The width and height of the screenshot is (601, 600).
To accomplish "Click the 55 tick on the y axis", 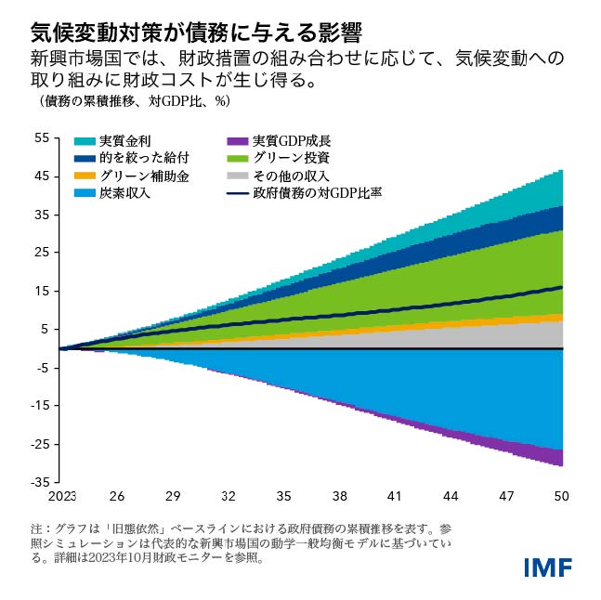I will [x=42, y=138].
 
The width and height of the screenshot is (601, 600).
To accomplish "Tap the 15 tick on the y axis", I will [x=42, y=291].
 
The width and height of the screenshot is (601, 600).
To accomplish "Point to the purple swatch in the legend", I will [x=235, y=142].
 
